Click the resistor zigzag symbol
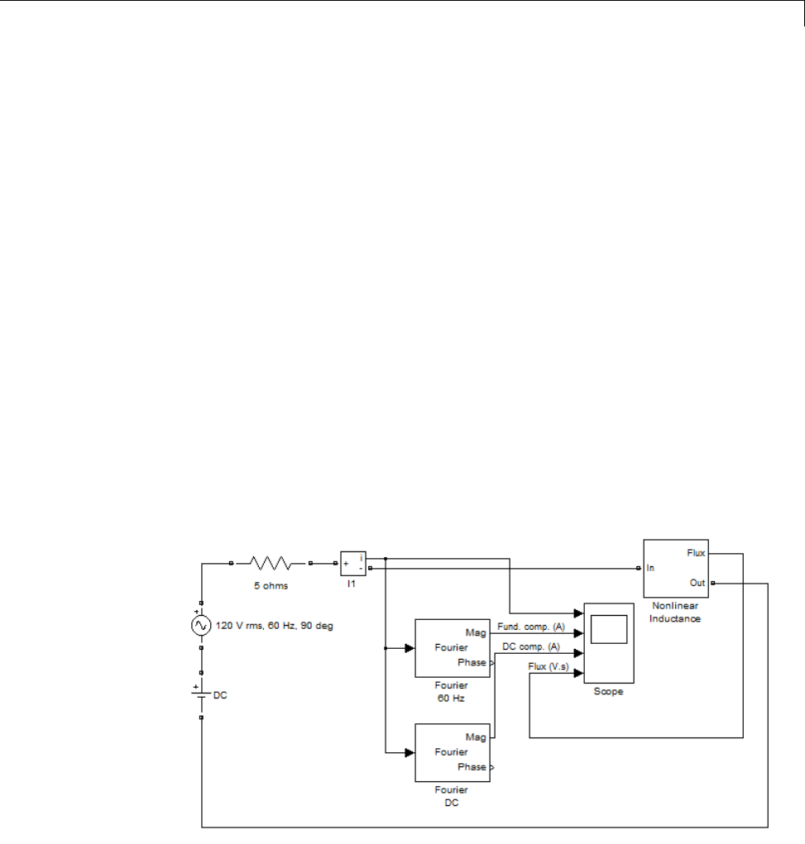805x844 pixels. (x=271, y=564)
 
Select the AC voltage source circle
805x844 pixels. (x=200, y=626)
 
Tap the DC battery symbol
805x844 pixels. (x=200, y=693)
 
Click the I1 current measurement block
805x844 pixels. (x=352, y=564)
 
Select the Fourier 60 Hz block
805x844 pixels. (x=452, y=648)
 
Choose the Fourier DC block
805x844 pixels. (x=452, y=752)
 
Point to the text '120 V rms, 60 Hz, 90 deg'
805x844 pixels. (x=274, y=626)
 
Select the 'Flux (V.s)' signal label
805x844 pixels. (x=549, y=666)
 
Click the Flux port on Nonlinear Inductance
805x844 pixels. (x=696, y=553)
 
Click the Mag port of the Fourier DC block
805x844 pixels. (x=476, y=737)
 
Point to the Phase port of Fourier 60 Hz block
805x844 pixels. (x=472, y=663)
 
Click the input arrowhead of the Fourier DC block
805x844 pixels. (x=409, y=752)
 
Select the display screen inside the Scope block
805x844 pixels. (x=608, y=630)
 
